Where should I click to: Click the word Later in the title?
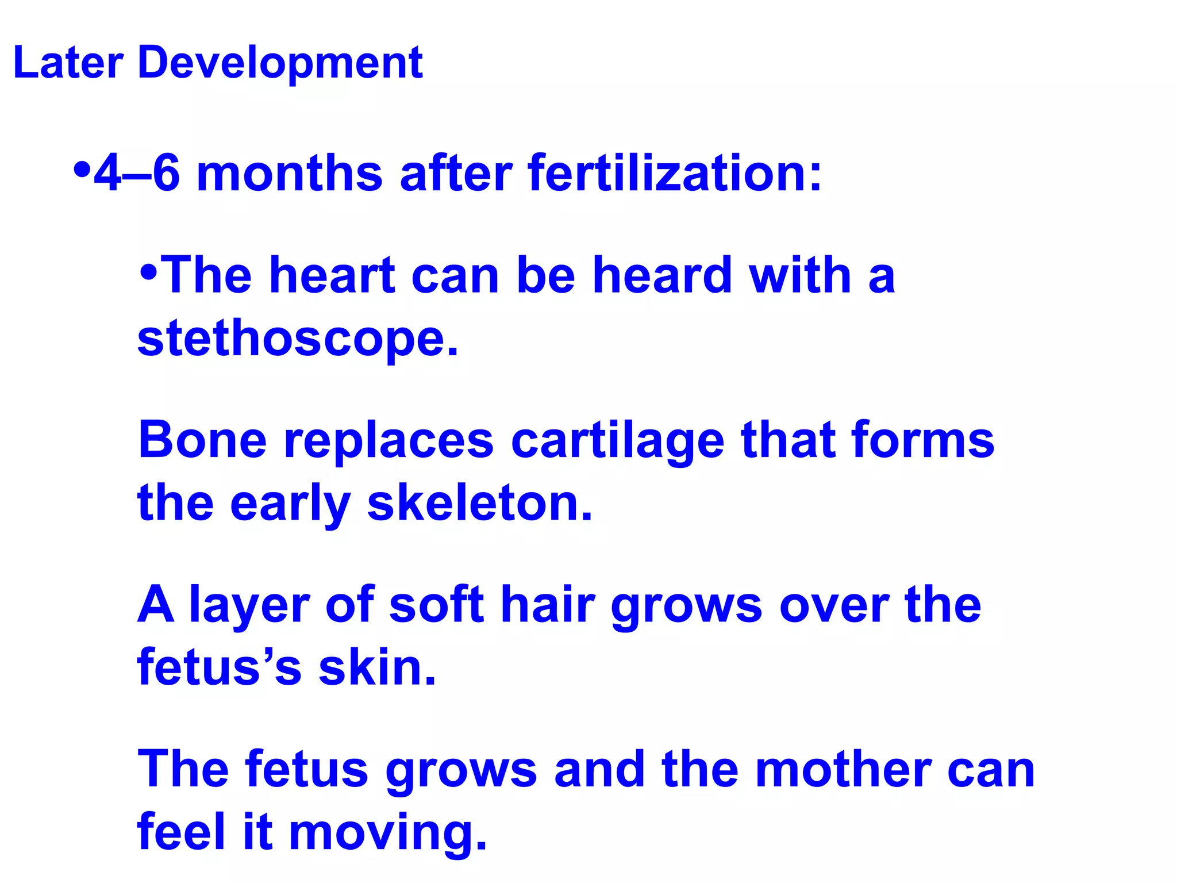click(x=68, y=62)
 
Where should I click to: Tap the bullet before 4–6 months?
click(x=83, y=170)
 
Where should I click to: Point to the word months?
click(x=290, y=174)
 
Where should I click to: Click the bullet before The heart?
click(x=148, y=272)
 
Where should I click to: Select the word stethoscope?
click(x=298, y=339)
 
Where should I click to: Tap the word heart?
click(x=332, y=276)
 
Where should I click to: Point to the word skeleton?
click(x=479, y=504)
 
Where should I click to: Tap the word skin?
click(x=377, y=668)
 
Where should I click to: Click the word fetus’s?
click(x=219, y=668)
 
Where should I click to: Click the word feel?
click(x=181, y=832)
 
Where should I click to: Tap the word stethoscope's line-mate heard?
click(x=662, y=276)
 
